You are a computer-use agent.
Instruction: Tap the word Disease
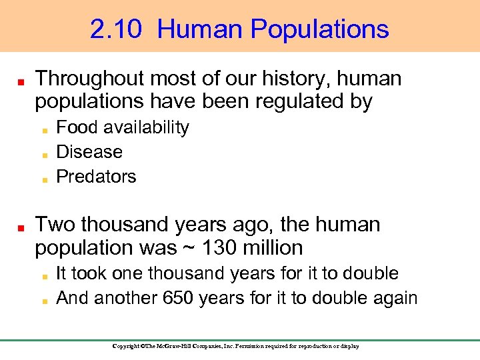point(89,152)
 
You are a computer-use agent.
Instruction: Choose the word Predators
point(96,177)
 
